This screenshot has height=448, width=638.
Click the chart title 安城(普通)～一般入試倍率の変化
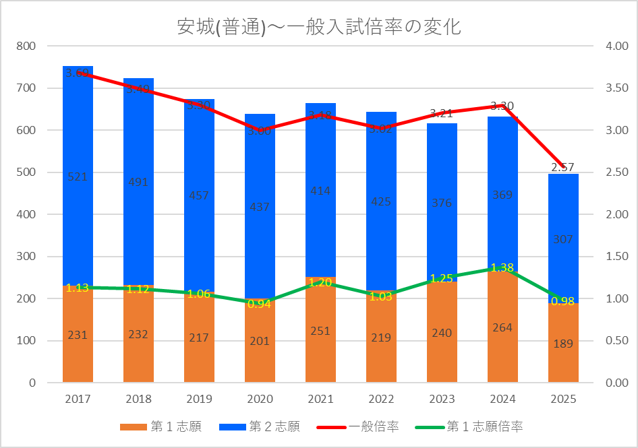(x=318, y=28)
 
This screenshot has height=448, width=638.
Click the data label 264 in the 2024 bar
(x=502, y=327)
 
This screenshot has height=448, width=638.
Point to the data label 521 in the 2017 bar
(x=78, y=177)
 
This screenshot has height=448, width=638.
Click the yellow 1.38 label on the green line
(x=502, y=267)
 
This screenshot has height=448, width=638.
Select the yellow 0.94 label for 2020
(x=260, y=304)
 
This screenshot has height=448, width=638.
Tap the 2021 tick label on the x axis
(x=320, y=399)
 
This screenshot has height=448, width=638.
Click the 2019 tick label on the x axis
(x=199, y=399)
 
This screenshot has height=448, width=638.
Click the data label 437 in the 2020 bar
(x=260, y=207)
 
